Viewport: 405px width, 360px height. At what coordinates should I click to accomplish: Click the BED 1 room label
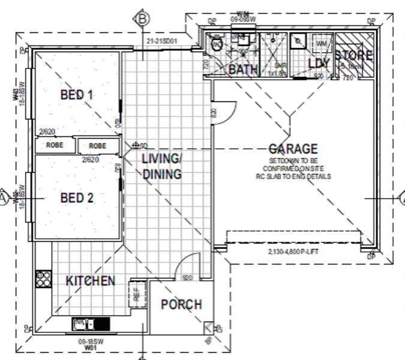(77, 94)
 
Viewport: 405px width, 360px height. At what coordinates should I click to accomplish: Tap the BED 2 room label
(77, 197)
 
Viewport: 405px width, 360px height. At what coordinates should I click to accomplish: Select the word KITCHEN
(90, 281)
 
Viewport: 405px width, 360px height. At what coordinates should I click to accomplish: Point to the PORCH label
(181, 304)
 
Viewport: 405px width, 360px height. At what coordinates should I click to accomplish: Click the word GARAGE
(293, 149)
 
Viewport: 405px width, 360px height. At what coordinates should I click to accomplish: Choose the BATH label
(243, 70)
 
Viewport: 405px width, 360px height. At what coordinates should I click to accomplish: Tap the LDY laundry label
(319, 63)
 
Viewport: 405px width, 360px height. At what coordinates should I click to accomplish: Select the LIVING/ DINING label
(161, 167)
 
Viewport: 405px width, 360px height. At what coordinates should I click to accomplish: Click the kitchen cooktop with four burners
(43, 278)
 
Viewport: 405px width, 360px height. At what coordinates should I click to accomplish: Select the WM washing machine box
(322, 44)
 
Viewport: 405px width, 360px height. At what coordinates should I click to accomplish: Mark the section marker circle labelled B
(143, 19)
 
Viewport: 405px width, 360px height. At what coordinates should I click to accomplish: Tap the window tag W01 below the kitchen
(90, 346)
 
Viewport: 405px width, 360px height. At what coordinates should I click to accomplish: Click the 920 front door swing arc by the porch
(190, 266)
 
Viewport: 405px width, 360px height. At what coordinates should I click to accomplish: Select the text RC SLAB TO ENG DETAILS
(293, 177)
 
